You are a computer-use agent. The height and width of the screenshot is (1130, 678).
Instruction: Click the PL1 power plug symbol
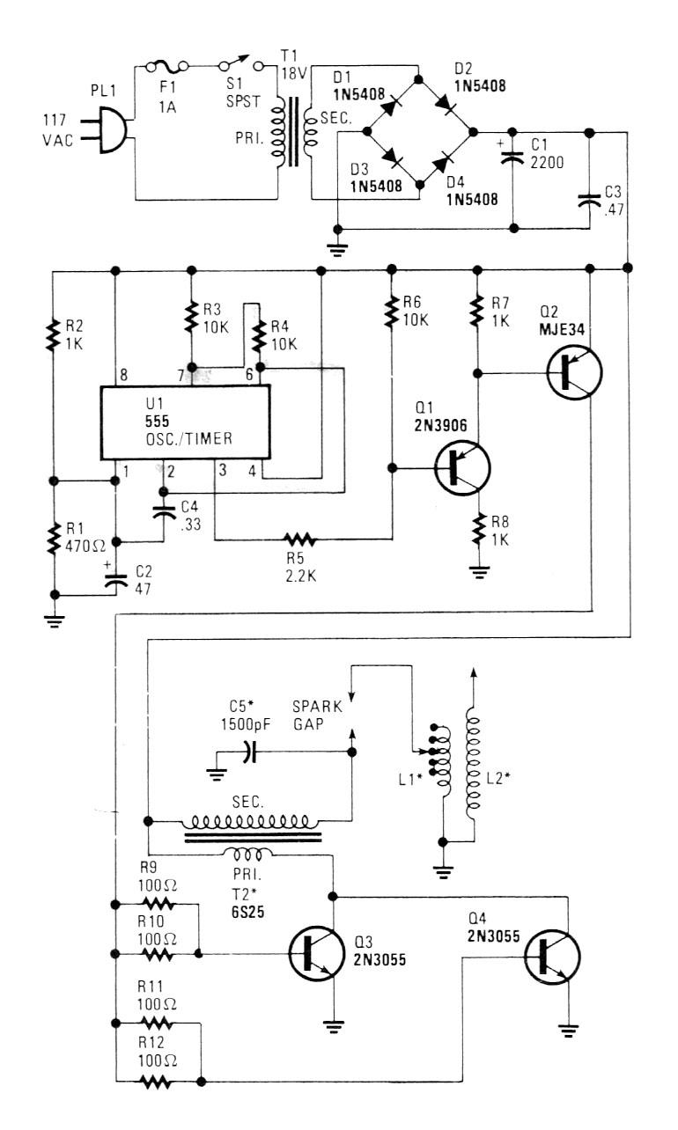[x=114, y=131]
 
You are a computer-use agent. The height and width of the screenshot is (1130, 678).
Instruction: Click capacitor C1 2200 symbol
[x=513, y=159]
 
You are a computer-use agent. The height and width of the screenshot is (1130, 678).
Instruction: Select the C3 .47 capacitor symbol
[x=587, y=199]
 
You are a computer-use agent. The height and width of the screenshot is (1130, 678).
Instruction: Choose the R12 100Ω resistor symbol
[x=158, y=1082]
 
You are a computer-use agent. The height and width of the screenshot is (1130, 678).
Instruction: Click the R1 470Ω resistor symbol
[x=54, y=538]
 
